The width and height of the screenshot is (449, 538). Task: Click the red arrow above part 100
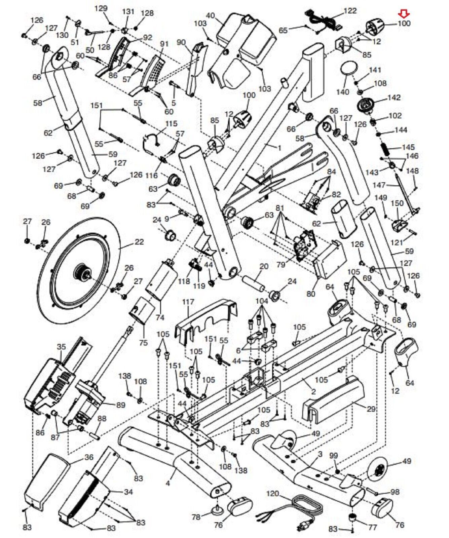404,14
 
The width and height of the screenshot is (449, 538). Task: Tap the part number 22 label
139,242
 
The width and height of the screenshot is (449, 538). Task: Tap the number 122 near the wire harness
350,11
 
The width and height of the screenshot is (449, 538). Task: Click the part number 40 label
210,15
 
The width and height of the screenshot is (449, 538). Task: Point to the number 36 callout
89,457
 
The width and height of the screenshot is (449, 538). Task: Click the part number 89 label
121,405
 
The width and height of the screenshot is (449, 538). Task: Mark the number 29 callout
371,409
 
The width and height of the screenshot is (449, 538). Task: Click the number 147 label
379,185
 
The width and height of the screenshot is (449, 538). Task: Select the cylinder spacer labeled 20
255,283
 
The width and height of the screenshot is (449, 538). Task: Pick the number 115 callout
171,123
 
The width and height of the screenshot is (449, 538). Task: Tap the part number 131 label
128,11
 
